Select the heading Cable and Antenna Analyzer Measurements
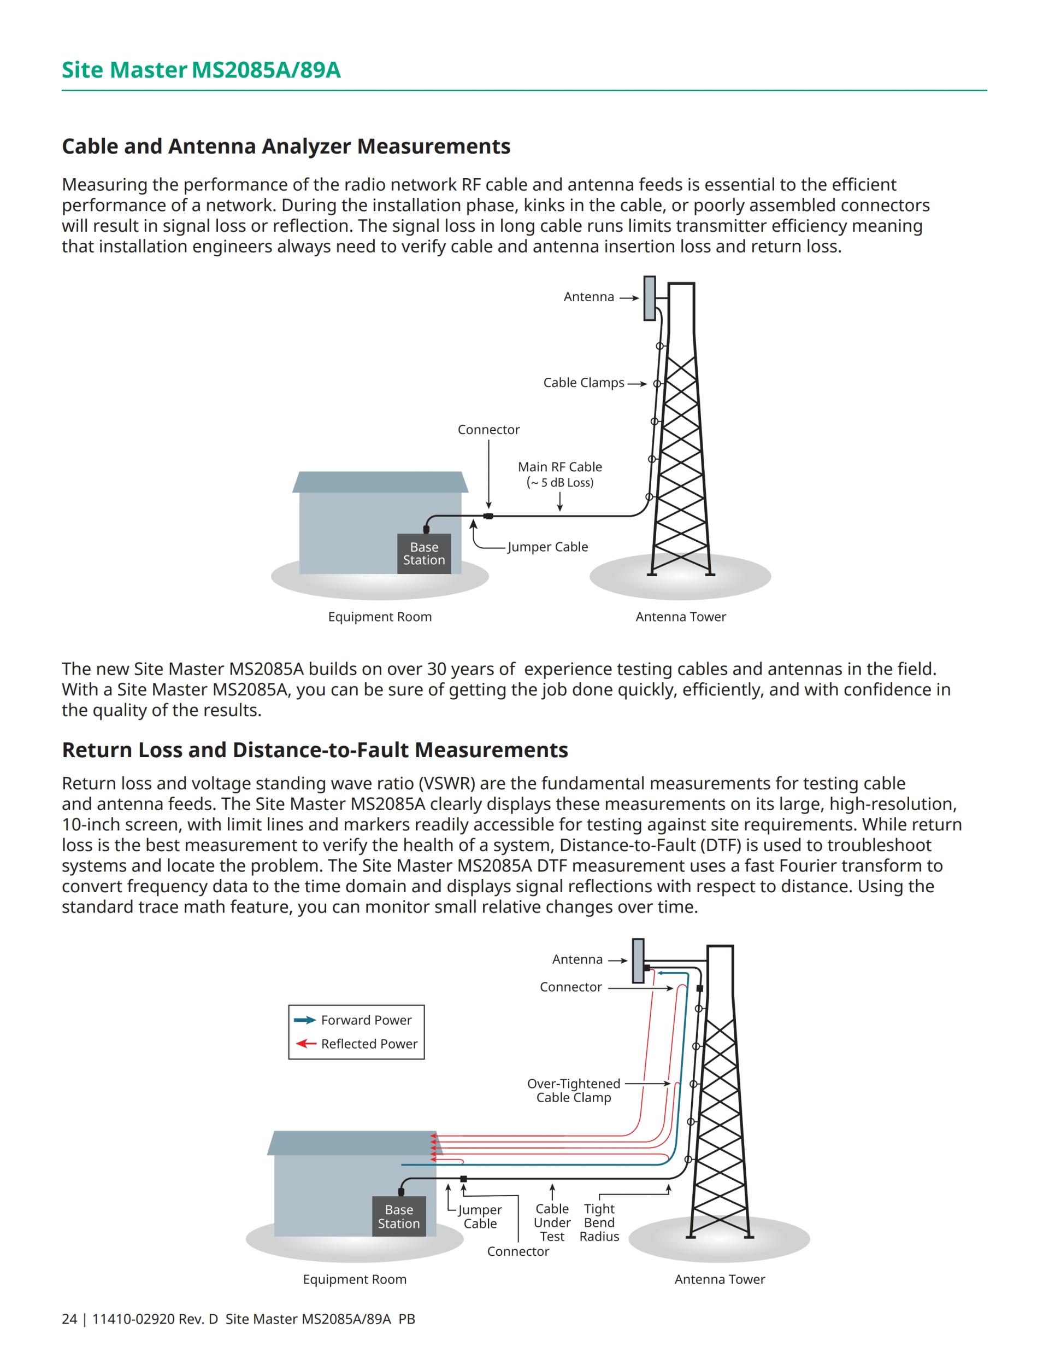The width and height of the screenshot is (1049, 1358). pos(286,146)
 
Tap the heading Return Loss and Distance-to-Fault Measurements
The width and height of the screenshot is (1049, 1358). pos(315,750)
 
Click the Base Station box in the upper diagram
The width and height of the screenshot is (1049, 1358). pos(424,553)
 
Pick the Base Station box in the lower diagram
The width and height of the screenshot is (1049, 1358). pos(399,1216)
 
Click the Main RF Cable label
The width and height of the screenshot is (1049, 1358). pos(560,467)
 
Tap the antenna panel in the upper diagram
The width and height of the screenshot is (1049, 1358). pos(650,298)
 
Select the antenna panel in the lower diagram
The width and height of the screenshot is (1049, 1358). pos(638,961)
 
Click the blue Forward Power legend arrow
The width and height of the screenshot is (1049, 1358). pos(304,1020)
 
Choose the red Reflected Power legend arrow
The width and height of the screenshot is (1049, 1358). pos(306,1043)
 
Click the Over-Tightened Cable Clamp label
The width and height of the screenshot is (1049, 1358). pos(574,1091)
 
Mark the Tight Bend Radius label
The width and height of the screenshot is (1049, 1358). pos(599,1222)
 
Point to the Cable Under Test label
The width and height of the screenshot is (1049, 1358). pos(552,1222)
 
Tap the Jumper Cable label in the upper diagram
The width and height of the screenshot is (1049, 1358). pos(547,547)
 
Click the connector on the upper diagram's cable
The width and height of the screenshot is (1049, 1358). pos(488,516)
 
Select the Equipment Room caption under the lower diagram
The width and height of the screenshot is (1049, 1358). pos(355,1280)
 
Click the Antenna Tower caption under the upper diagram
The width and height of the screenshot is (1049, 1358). pos(680,617)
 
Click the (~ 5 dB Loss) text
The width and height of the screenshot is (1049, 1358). pos(560,483)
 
